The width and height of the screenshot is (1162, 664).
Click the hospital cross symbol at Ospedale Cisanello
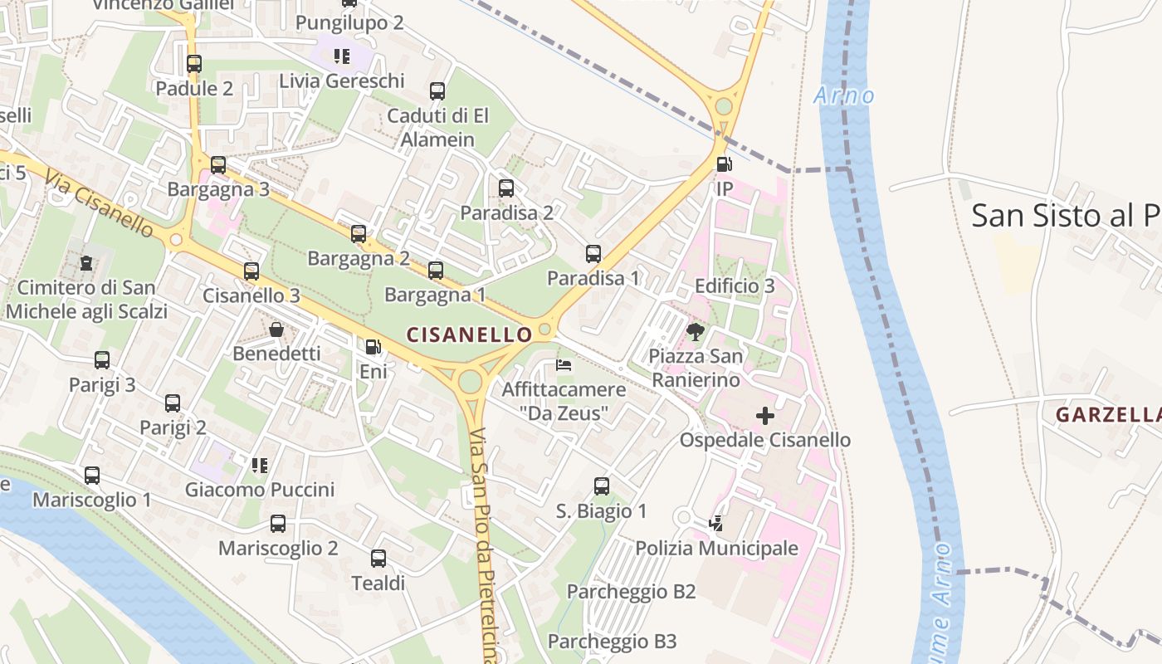[765, 416]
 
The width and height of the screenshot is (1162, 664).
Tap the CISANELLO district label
[469, 334]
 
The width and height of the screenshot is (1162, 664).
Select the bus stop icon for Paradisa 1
[593, 254]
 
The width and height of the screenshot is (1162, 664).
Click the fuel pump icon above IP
[725, 164]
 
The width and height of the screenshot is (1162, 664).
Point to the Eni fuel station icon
[373, 347]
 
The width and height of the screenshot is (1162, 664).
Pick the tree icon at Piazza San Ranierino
[696, 333]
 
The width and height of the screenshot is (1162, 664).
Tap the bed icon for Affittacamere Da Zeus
[564, 365]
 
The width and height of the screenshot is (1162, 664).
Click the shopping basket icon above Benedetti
[276, 330]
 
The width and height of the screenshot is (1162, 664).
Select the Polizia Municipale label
[716, 548]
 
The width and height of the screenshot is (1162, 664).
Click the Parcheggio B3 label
[612, 641]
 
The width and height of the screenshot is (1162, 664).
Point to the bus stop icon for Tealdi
[378, 559]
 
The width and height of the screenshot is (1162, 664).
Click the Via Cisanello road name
[100, 204]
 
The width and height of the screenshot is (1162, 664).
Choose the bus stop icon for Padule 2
[194, 64]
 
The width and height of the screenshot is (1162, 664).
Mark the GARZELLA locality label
[1107, 415]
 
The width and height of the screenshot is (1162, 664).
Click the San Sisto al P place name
[1066, 216]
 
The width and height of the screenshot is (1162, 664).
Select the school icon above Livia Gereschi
[341, 56]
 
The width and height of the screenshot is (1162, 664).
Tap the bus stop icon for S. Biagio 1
[602, 486]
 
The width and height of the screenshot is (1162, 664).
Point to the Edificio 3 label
[734, 286]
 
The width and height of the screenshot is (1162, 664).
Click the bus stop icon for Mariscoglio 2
[278, 524]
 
